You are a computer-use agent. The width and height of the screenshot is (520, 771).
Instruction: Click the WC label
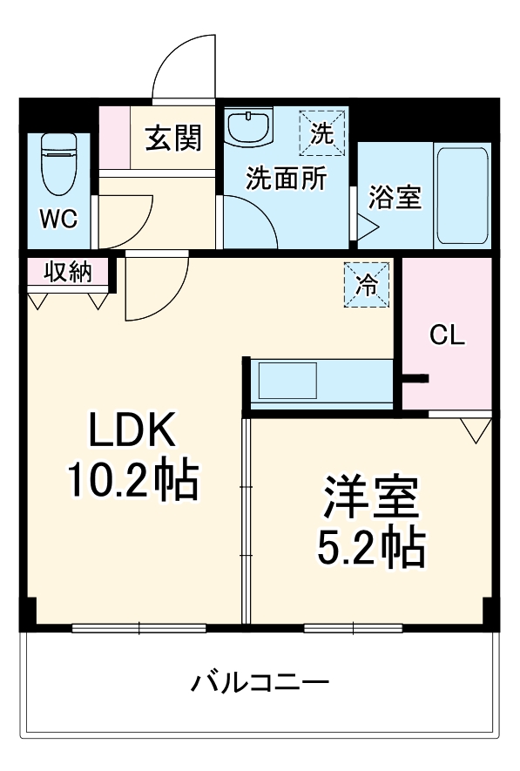(59, 219)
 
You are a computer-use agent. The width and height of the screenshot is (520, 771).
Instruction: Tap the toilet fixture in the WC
(59, 163)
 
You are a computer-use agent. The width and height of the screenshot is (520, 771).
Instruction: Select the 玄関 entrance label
(173, 138)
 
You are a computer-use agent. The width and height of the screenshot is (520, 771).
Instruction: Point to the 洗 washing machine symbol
(322, 133)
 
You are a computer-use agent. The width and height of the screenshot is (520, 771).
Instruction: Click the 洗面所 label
(286, 179)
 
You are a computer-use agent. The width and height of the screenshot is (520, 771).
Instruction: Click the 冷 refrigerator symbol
(368, 284)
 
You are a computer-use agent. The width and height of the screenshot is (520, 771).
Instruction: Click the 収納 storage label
(68, 272)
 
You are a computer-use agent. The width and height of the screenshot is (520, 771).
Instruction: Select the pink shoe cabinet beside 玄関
(113, 138)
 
